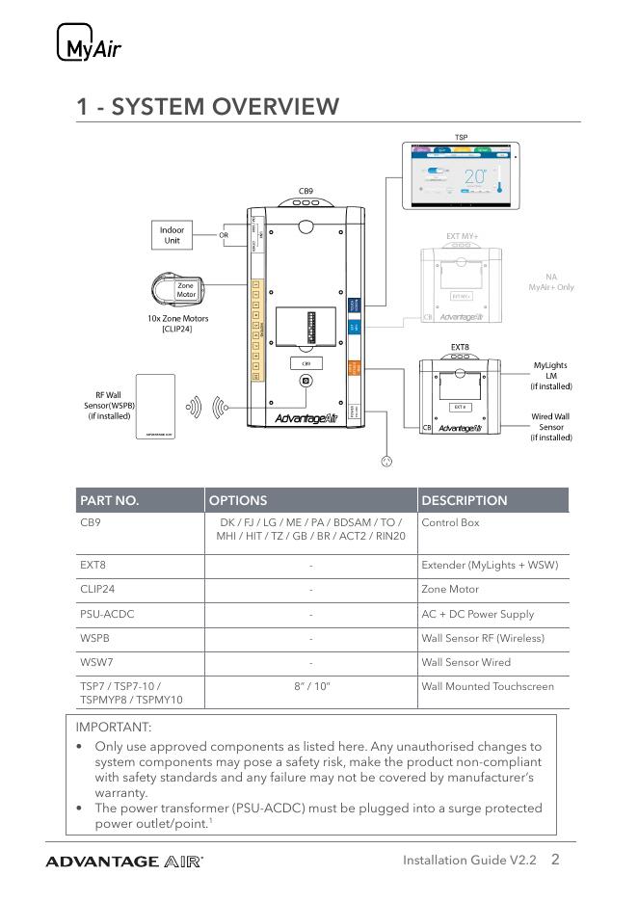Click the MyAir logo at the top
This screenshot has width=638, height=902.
tap(90, 44)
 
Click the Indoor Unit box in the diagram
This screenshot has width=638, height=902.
tap(172, 235)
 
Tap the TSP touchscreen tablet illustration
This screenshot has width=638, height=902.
tap(462, 175)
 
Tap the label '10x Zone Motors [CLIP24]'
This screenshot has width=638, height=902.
tap(172, 324)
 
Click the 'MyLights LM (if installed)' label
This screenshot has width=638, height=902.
tap(551, 376)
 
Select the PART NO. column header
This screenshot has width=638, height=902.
tap(110, 500)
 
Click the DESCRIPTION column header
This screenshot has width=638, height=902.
tap(465, 500)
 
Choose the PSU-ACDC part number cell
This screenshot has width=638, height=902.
tap(105, 614)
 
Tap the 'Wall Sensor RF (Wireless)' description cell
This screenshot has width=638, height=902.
tap(483, 638)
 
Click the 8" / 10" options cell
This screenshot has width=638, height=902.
tap(311, 686)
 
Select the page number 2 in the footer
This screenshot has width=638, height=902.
tap(556, 860)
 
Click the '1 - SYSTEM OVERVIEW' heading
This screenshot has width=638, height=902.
tap(208, 106)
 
